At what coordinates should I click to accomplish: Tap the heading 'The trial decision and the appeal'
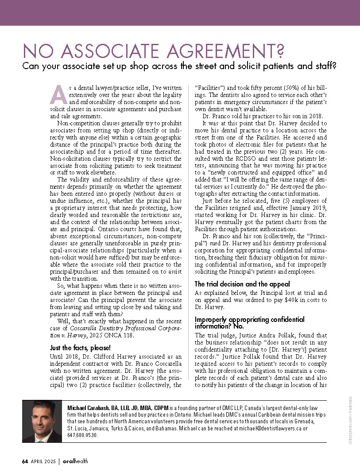pyautogui.click(x=242, y=284)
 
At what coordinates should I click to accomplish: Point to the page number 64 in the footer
pyautogui.click(x=25, y=461)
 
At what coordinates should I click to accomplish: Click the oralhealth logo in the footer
pyautogui.click(x=76, y=461)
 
